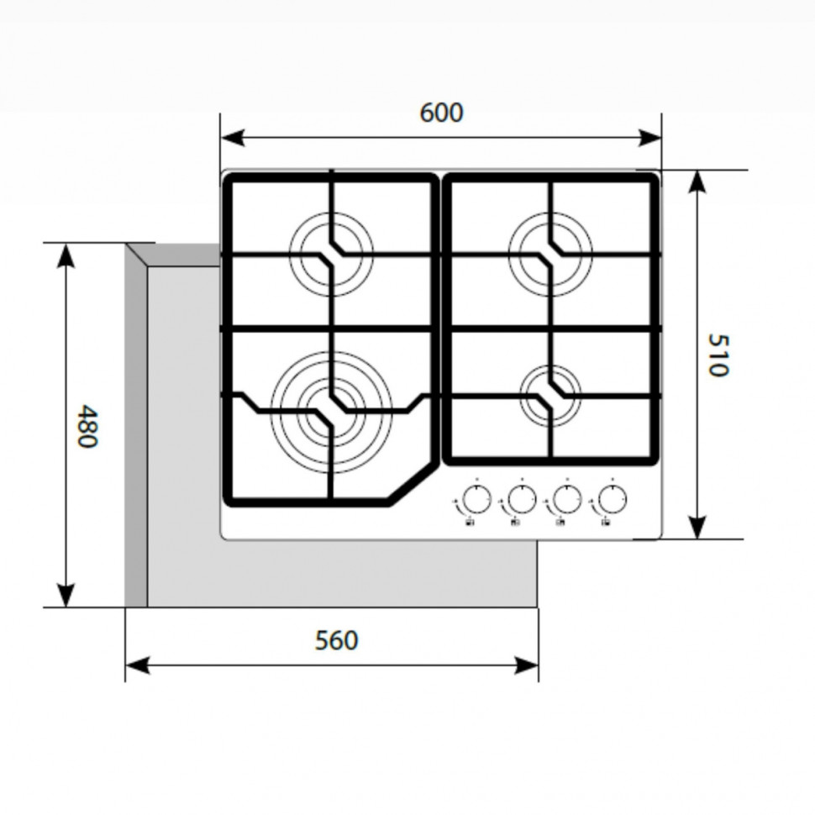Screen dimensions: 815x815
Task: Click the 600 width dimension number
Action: pyautogui.click(x=441, y=113)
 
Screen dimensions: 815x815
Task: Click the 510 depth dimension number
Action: pyautogui.click(x=716, y=355)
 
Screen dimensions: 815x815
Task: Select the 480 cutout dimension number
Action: pyautogui.click(x=87, y=426)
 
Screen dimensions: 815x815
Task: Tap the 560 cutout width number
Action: pyautogui.click(x=336, y=640)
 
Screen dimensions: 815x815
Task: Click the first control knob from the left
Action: pyautogui.click(x=476, y=500)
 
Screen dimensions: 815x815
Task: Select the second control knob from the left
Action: pyautogui.click(x=522, y=500)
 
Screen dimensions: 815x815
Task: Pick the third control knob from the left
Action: pyautogui.click(x=568, y=500)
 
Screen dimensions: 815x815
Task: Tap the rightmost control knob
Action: pyautogui.click(x=613, y=500)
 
